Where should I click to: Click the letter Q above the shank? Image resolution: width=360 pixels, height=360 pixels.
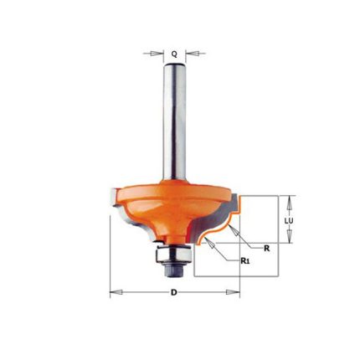174,54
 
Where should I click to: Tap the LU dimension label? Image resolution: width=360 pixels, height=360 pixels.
289,221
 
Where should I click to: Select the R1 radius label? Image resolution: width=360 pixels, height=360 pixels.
244,261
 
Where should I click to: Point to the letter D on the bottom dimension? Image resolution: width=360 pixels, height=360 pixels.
174,292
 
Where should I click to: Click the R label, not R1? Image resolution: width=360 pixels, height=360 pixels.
267,249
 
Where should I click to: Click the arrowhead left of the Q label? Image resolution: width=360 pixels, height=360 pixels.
157,54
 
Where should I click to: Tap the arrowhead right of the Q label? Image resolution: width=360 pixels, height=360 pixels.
192,54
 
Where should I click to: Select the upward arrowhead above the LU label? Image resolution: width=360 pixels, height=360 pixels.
289,202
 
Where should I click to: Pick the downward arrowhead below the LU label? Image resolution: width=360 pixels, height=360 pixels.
289,237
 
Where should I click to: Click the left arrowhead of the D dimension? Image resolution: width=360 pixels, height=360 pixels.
116,292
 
